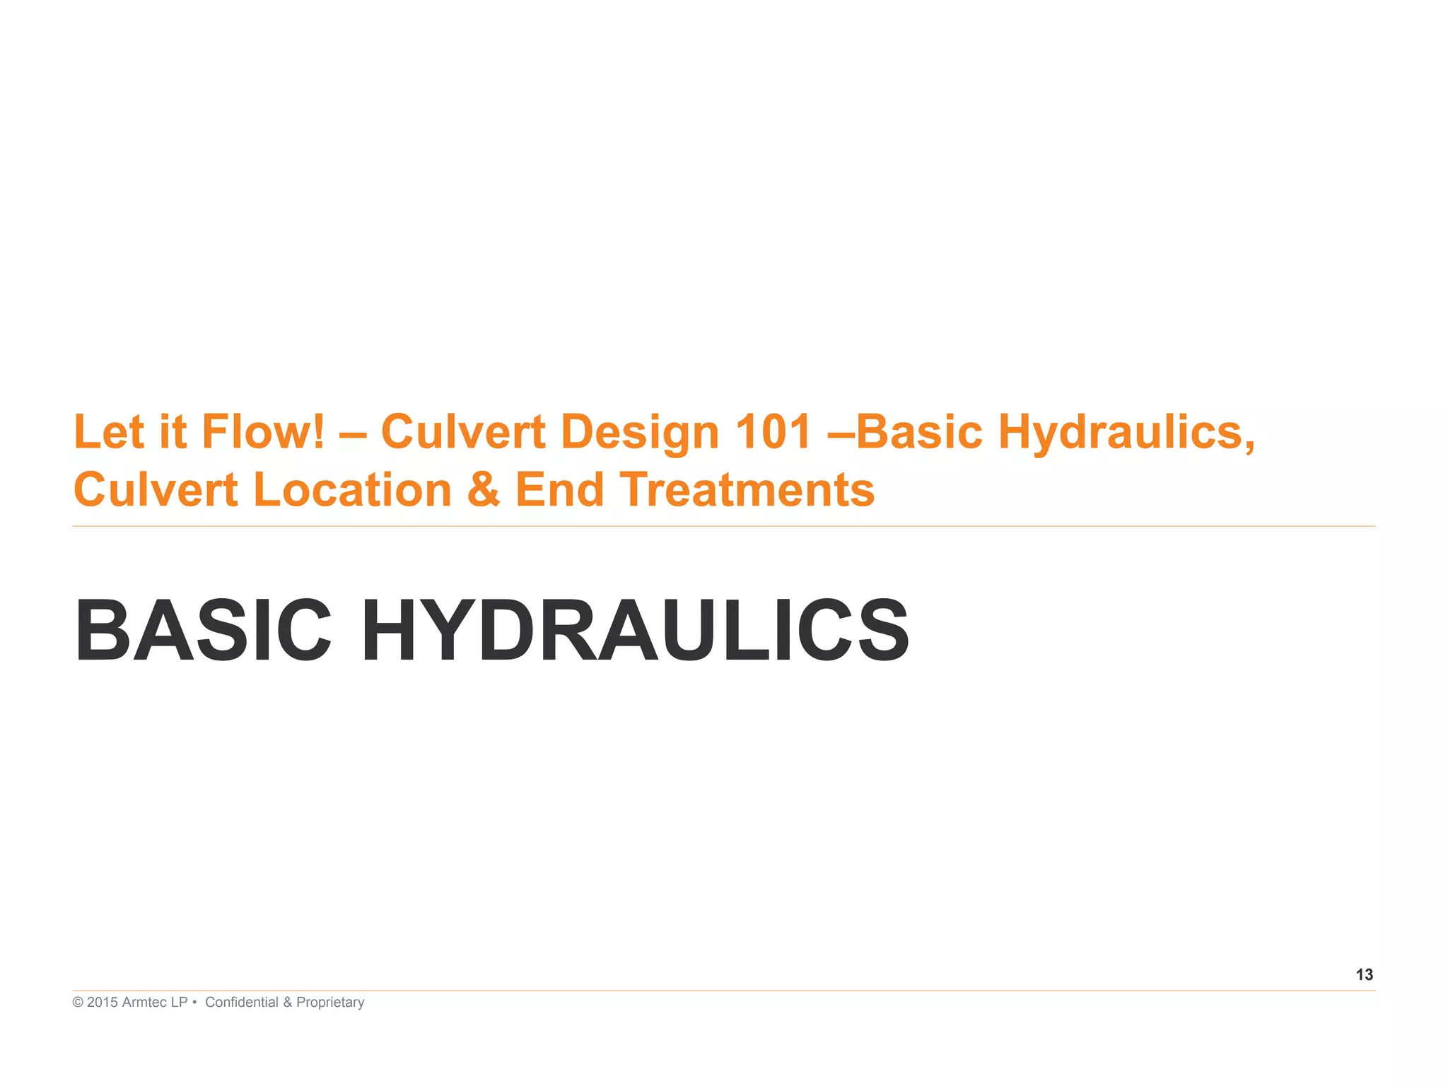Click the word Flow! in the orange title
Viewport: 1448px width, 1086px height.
[263, 431]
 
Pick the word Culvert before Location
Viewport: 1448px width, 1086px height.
[156, 489]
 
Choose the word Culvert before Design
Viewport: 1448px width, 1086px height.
[463, 431]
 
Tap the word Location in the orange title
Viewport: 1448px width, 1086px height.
[352, 489]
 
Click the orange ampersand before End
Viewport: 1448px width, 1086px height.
[484, 489]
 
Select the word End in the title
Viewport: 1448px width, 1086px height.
[559, 489]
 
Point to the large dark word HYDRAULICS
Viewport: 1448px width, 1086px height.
[635, 630]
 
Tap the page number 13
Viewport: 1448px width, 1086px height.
[1364, 975]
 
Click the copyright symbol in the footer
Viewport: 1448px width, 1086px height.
[78, 1003]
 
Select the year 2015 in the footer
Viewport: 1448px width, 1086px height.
[103, 1003]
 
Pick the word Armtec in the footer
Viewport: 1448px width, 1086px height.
[145, 1003]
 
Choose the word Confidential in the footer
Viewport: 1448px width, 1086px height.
[242, 1003]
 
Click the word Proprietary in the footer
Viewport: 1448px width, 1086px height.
[330, 1003]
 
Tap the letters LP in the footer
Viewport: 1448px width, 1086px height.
[180, 1003]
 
